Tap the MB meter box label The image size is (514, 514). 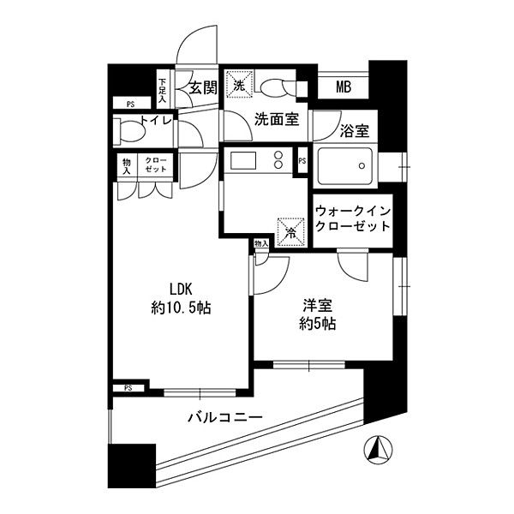(x=343, y=87)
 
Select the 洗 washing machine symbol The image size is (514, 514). (x=238, y=84)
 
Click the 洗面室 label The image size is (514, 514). (x=276, y=120)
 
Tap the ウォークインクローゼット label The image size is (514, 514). (x=352, y=218)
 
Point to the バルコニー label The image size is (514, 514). (x=224, y=419)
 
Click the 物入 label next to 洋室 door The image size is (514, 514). (x=261, y=244)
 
